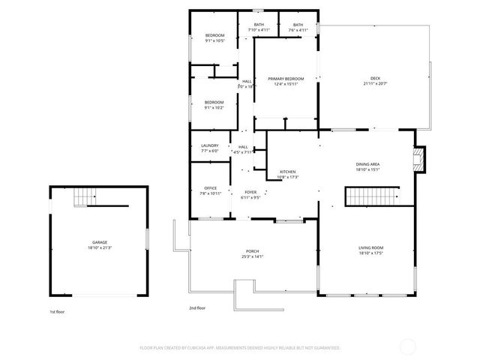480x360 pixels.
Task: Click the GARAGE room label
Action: click(99, 242)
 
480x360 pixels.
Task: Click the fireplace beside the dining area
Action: click(420, 158)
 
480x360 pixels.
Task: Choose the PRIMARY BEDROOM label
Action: click(286, 79)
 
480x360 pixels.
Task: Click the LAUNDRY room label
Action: click(209, 145)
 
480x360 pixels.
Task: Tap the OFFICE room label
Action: click(211, 188)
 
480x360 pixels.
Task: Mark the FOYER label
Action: click(250, 193)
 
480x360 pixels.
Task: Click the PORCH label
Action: click(253, 251)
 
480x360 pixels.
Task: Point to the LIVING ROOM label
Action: click(370, 247)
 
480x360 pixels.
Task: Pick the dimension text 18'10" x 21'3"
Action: click(99, 247)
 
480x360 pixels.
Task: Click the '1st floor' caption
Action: click(58, 310)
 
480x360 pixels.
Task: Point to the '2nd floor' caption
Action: click(197, 307)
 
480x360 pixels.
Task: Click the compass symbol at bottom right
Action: click(408, 346)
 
